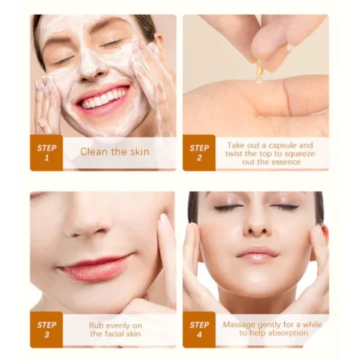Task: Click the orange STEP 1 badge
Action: pos(47,152)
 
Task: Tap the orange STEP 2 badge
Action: pos(199,152)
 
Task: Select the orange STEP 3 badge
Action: pos(47,330)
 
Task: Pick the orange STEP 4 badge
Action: pos(199,330)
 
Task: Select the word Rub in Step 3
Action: pos(96,325)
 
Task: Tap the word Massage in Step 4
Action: pos(239,325)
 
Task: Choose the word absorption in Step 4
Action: pos(288,333)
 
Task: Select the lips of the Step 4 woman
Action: pos(258,254)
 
